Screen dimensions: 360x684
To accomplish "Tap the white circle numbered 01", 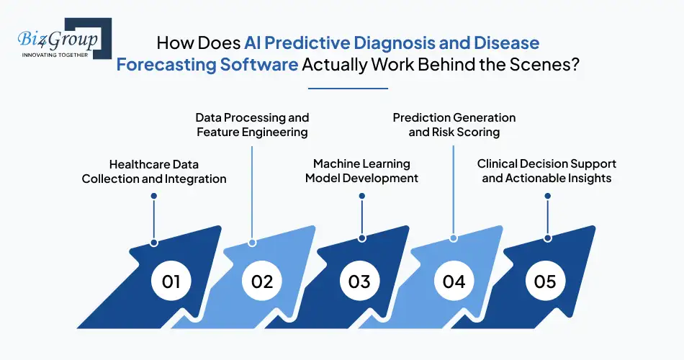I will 171,281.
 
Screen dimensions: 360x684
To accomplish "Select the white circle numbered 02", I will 262,281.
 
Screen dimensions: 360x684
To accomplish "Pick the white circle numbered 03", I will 359,281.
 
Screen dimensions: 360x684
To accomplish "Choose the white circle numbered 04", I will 454,281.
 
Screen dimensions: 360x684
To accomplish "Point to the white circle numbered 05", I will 546,281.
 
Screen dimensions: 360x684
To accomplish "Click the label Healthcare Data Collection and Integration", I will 154,171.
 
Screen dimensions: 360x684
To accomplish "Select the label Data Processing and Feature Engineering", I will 252,125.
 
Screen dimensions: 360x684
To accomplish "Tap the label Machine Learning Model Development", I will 361,171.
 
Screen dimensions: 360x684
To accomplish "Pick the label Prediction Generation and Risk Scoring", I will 454,125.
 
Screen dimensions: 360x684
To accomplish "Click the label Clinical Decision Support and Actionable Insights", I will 546,171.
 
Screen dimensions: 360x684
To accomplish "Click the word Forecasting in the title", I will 166,63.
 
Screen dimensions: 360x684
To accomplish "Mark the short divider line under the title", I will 348,89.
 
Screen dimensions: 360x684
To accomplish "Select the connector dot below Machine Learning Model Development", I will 361,238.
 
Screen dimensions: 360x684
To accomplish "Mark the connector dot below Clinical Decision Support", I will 548,238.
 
